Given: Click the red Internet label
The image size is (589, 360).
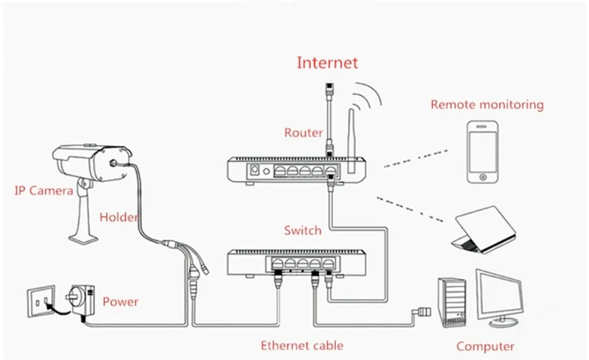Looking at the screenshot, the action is coord(327,63).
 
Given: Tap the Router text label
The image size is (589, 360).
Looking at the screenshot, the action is coord(303,133).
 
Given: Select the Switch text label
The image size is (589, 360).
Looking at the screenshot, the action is coord(303,230).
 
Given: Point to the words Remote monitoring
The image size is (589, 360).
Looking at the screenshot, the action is coord(487,105).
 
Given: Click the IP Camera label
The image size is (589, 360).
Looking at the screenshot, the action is coord(44,191).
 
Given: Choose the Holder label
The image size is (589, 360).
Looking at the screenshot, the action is coord(118,217).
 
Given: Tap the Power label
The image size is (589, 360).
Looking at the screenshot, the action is coord(120,302).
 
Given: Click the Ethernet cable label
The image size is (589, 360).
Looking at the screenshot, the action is coord(302,346).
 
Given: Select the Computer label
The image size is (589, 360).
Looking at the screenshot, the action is coord(485,346).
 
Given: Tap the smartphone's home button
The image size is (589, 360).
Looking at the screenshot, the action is coord(483,177).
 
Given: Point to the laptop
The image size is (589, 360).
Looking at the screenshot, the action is coord(484,229).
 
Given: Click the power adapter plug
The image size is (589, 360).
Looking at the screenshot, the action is coord(80,300).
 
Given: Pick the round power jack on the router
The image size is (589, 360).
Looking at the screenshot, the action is coord(266,171).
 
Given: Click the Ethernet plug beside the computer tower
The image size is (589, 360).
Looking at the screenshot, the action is coord(422,312).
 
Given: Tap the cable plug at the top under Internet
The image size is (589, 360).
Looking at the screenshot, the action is coord(329,88).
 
